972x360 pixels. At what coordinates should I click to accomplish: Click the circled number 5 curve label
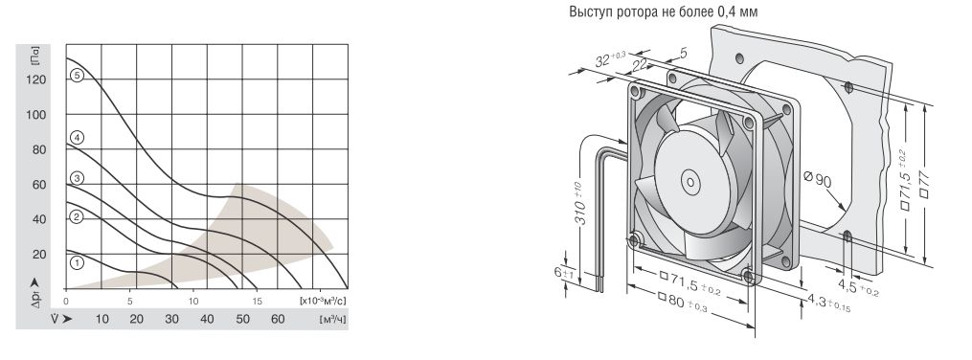[x=77, y=76]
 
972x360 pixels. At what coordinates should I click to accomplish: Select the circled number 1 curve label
[x=77, y=263]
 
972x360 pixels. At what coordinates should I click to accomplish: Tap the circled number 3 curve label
[x=77, y=179]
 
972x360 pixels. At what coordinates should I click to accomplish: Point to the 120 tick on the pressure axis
[x=37, y=79]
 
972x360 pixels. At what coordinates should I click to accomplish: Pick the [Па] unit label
[x=34, y=57]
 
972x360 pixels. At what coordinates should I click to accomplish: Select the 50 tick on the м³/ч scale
[x=242, y=319]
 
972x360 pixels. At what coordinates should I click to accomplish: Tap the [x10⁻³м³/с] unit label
[x=323, y=302]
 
